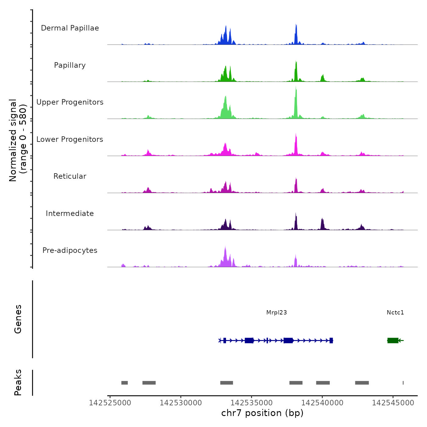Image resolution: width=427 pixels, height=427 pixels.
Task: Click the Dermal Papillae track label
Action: pyautogui.click(x=70, y=28)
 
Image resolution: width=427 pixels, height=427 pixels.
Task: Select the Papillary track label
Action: pyautogui.click(x=70, y=65)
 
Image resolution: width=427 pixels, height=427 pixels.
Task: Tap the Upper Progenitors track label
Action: pyautogui.click(x=70, y=102)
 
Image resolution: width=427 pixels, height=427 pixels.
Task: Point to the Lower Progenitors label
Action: pyautogui.click(x=70, y=139)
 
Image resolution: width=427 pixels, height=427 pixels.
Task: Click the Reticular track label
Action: pyautogui.click(x=70, y=176)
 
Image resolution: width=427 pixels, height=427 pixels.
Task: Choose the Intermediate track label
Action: pyautogui.click(x=70, y=213)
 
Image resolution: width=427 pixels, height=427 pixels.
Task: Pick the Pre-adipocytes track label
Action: pyautogui.click(x=70, y=250)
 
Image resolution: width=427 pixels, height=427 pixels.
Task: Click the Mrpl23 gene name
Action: pyautogui.click(x=276, y=312)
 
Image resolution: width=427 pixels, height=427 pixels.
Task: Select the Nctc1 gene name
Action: pyautogui.click(x=395, y=312)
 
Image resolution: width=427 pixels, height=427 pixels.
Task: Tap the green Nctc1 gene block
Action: pyautogui.click(x=393, y=340)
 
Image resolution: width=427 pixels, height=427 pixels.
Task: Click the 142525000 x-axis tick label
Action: pyautogui.click(x=110, y=403)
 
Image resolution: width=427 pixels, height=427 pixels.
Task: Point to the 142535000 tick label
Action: pyautogui.click(x=252, y=403)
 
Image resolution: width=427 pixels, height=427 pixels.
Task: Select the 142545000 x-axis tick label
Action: pyautogui.click(x=393, y=403)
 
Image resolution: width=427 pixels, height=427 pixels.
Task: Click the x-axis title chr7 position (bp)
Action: pyautogui.click(x=262, y=413)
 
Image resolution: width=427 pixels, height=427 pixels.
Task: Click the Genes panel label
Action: pyautogui.click(x=18, y=319)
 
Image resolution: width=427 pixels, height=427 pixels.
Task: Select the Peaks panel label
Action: pyautogui.click(x=18, y=382)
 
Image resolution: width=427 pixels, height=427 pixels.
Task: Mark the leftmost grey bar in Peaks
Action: pyautogui.click(x=124, y=383)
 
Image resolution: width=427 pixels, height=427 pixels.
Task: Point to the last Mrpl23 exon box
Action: pyautogui.click(x=331, y=340)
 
